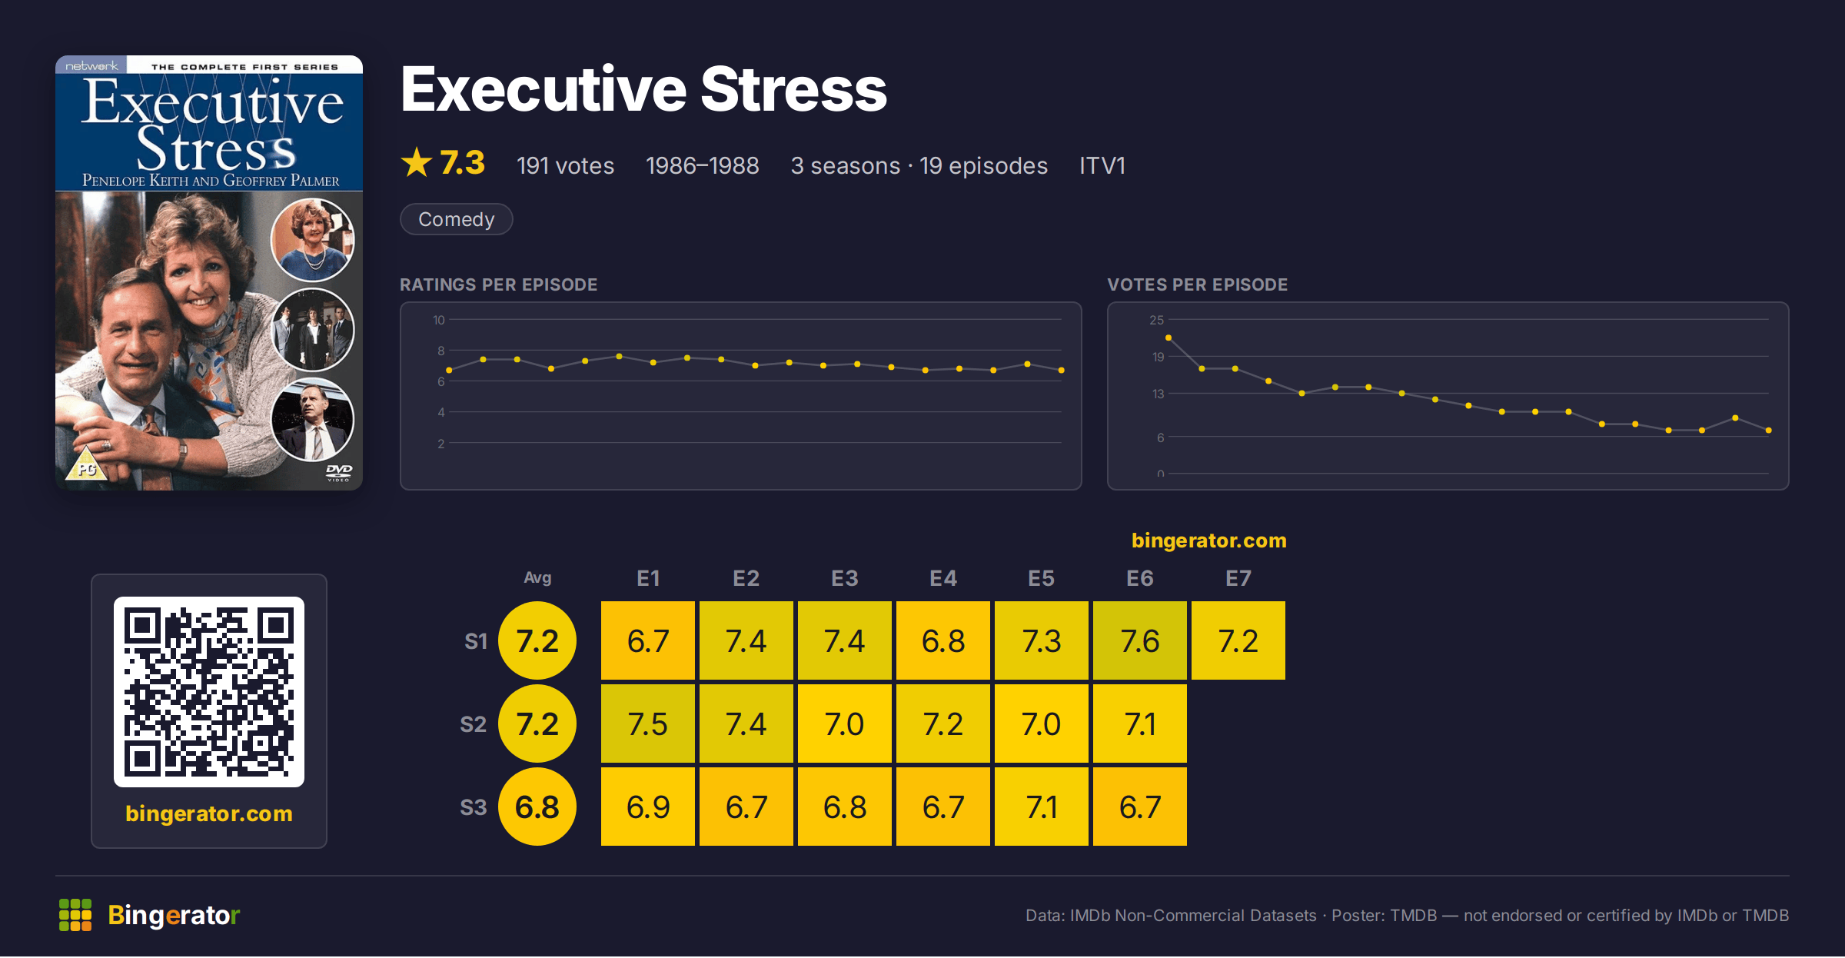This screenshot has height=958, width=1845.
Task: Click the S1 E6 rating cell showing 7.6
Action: (1140, 640)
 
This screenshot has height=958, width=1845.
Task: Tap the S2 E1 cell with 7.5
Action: (648, 723)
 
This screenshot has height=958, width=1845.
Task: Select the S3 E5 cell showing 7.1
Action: (1042, 807)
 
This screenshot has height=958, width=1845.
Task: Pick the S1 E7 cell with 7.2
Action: (1238, 640)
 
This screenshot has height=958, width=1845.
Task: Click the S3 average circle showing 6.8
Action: (537, 807)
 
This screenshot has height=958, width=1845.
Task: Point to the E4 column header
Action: (943, 578)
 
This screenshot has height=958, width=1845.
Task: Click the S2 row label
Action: (474, 724)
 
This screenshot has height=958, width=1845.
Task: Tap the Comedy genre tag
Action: (457, 219)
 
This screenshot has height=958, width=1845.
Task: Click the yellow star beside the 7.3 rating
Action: (417, 162)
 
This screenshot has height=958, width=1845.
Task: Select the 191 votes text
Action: (565, 165)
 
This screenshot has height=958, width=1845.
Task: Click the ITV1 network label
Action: (1102, 165)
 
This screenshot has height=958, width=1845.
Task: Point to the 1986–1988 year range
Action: (703, 165)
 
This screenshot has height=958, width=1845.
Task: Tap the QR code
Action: (209, 692)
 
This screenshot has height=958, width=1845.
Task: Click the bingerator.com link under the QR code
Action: (209, 813)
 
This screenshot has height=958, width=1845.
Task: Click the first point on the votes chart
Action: (1168, 338)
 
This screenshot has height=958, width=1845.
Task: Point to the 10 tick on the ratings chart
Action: (439, 320)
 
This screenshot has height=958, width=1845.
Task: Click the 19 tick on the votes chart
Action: (1159, 357)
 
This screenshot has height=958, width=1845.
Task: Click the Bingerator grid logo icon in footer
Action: (75, 915)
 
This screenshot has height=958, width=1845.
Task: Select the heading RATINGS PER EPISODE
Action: (499, 284)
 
